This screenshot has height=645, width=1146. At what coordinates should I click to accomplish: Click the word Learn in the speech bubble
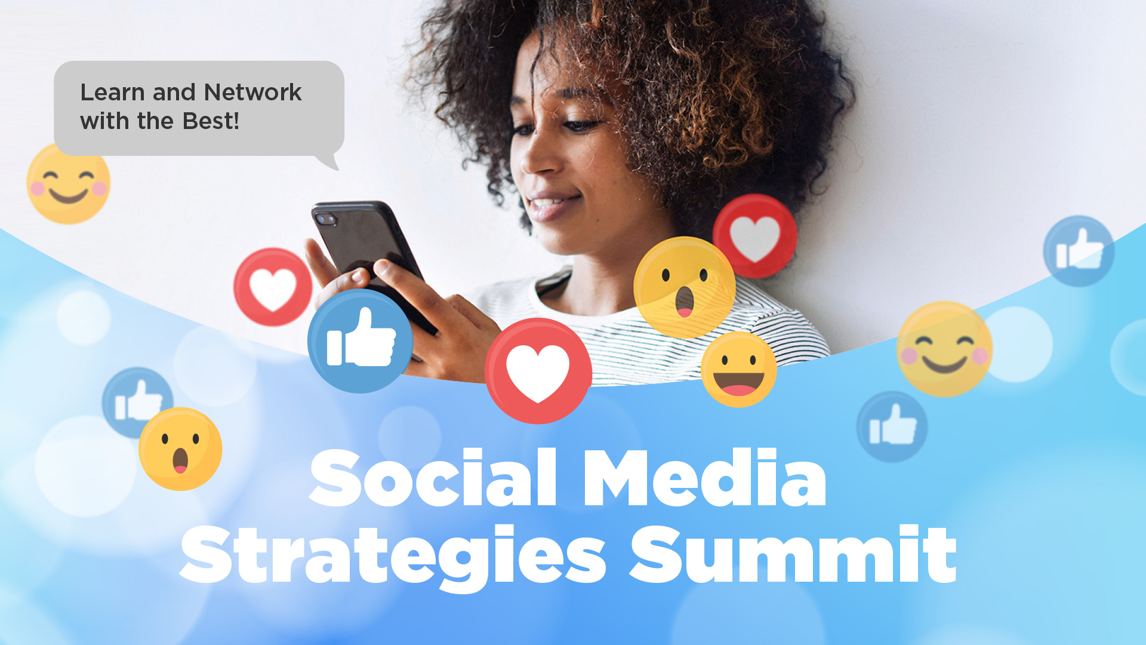coord(113,93)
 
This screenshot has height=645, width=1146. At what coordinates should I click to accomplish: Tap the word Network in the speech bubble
coord(253,93)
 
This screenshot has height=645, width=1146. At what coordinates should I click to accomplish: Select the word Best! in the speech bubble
coord(211,121)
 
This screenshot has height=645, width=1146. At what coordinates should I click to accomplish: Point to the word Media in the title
coord(705,478)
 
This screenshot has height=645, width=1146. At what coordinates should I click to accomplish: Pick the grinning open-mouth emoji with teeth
coord(739,370)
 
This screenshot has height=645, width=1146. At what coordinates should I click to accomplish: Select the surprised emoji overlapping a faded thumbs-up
coord(180,449)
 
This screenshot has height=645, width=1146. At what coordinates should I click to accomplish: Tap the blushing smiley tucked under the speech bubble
coord(68,185)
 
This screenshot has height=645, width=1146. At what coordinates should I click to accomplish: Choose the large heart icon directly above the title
coord(538,371)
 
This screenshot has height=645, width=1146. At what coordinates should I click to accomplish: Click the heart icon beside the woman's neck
coord(755,236)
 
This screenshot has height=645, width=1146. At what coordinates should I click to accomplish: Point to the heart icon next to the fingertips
coord(273,287)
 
